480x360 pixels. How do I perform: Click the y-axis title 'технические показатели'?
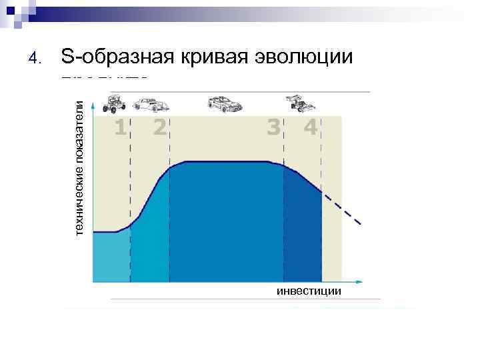[79, 167]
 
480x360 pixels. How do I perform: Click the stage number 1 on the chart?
[119, 127]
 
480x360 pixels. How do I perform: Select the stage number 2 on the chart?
[159, 127]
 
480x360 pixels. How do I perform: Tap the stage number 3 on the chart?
[273, 127]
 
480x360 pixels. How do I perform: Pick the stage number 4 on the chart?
[310, 127]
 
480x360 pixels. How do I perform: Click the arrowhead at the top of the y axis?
[93, 105]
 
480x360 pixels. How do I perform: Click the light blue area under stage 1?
[111, 257]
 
